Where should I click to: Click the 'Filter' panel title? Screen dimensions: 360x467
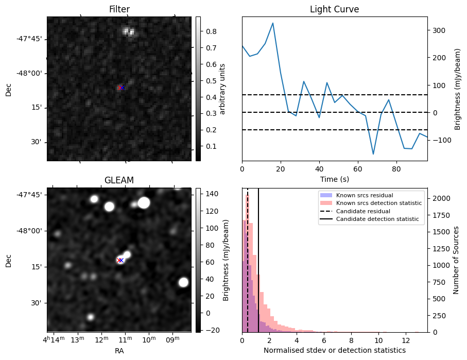pos(119,9)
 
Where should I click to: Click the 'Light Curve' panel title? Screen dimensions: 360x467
pos(334,9)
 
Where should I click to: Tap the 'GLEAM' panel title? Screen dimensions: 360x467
pos(119,180)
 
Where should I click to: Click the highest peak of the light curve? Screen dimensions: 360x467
pos(272,23)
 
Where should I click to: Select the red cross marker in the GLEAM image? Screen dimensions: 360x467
pos(120,260)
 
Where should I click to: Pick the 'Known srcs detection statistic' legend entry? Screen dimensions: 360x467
pos(378,203)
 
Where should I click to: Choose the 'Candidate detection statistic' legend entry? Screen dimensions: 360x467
pos(377,219)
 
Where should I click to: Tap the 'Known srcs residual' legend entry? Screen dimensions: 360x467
pos(364,195)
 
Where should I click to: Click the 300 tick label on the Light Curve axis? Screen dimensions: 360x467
pos(439,30)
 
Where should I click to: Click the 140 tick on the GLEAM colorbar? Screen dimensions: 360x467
pos(213,194)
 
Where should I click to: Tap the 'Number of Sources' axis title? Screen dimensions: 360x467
pos(457,260)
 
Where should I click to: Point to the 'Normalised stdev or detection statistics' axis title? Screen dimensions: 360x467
pos(334,350)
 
